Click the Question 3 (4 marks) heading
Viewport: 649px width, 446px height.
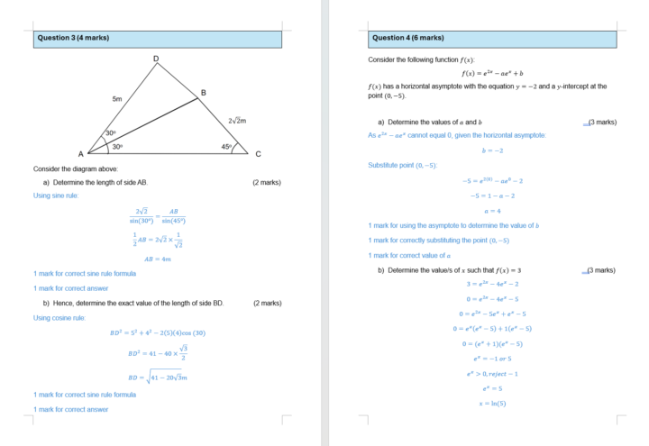click(74, 38)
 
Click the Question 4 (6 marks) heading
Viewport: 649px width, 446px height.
click(408, 38)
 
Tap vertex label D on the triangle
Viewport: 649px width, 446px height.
click(156, 59)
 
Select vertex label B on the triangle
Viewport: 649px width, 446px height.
click(203, 93)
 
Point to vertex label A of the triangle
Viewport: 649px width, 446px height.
click(79, 154)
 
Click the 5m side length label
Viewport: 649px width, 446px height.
click(117, 98)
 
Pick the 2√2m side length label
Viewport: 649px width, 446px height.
click(238, 120)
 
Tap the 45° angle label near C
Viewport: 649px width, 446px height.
click(226, 146)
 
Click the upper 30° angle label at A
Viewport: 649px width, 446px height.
click(110, 132)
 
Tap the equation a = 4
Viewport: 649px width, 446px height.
click(492, 210)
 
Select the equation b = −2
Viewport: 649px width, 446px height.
click(492, 150)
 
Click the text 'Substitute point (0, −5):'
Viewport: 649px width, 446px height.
click(403, 165)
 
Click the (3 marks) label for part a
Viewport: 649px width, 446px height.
click(601, 122)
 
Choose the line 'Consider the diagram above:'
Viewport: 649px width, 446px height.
click(76, 168)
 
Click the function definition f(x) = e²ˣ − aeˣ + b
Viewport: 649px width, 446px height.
click(492, 73)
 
